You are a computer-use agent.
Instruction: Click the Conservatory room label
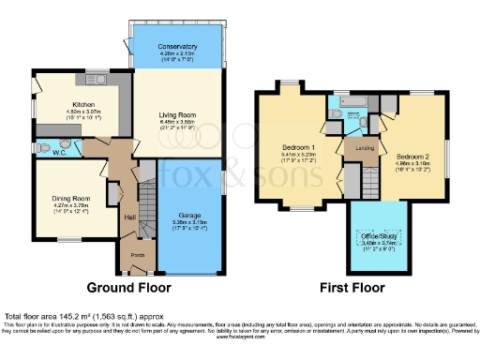pos(177,46)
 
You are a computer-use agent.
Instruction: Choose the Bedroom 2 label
pos(411,155)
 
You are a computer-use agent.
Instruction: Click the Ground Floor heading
pos(127,286)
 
